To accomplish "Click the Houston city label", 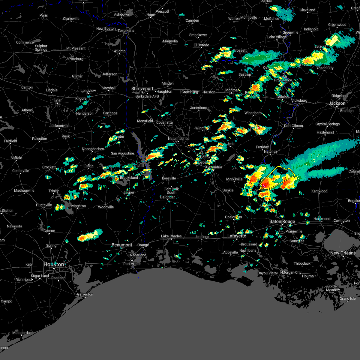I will point(54,264).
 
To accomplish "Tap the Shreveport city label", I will point(142,89).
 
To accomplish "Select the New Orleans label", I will point(343,253).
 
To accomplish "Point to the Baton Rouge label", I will point(282,221).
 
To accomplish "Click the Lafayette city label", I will point(237,236).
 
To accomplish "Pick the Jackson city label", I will point(337,103).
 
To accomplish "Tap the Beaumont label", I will point(122,245).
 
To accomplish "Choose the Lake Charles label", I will point(171,236).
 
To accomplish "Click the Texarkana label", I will point(126,31).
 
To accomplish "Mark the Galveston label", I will point(85,294).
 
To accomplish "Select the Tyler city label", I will point(58,100).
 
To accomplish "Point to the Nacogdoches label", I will point(93,149).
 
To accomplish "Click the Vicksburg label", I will point(299,100).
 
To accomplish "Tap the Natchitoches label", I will point(178,139).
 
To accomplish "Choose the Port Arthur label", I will point(132,264).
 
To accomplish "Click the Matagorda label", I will point(21,333).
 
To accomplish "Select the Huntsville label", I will point(44,205).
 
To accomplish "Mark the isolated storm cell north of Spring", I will point(90,235).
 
